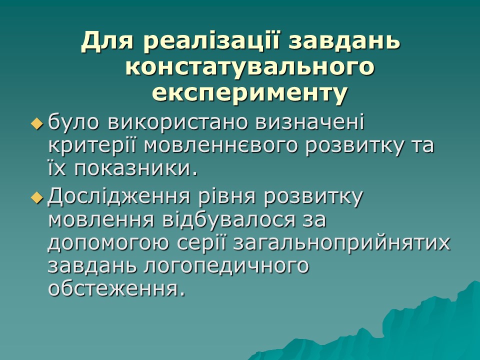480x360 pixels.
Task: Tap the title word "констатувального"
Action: pos(249,67)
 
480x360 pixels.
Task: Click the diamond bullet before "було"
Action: pos(37,123)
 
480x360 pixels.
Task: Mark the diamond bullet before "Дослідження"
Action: pos(37,198)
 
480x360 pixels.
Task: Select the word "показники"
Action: pos(133,169)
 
